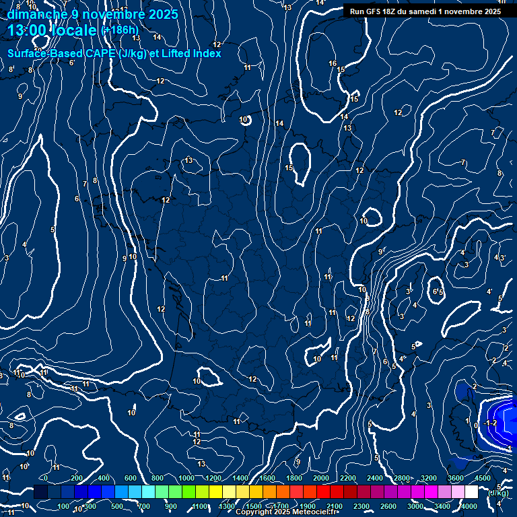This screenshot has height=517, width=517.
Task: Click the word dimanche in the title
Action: [x=36, y=14]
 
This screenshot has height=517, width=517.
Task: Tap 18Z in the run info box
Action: [x=396, y=11]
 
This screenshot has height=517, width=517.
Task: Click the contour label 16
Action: [x=333, y=63]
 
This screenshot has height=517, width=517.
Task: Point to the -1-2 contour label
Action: [x=491, y=423]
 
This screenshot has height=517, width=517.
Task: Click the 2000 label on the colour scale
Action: [x=321, y=478]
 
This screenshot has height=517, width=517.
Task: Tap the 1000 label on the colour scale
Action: [x=186, y=478]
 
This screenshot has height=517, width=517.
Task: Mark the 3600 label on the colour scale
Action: [x=456, y=478]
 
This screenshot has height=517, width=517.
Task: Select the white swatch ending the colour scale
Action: [x=471, y=491]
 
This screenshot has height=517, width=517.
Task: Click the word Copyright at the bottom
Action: [x=255, y=512]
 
